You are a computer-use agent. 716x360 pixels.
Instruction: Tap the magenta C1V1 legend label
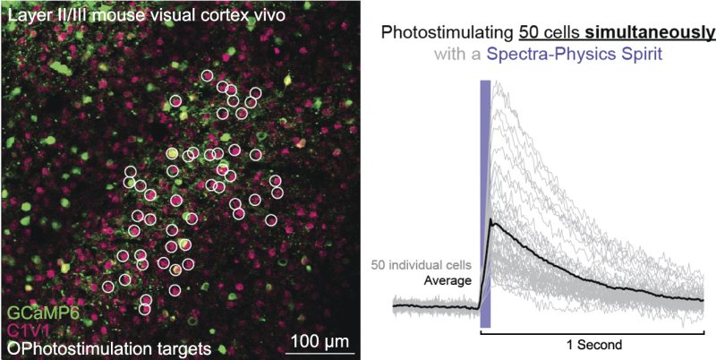pyautogui.click(x=29, y=330)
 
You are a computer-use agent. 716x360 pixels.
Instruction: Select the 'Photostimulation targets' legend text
pyautogui.click(x=115, y=347)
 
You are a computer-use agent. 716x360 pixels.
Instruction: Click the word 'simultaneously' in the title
pyautogui.click(x=652, y=33)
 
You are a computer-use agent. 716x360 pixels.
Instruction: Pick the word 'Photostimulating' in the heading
pyautogui.click(x=448, y=33)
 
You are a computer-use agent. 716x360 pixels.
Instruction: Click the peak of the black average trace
pyautogui.click(x=492, y=220)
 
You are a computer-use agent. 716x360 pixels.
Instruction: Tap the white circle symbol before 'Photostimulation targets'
pyautogui.click(x=11, y=347)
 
